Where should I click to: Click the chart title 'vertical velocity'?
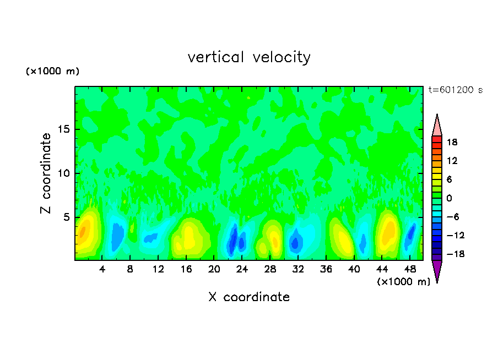coord(249,57)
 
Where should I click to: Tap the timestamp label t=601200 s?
coord(455,90)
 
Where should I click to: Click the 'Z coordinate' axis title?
coord(46,173)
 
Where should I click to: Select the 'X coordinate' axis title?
coord(249,297)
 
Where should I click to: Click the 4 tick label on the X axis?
coord(102,270)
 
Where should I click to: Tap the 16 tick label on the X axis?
coord(186,270)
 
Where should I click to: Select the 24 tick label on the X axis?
coord(242,270)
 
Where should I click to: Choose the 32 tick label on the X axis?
coord(298,270)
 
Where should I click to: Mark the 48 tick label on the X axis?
coord(410,270)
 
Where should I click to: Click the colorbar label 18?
coord(453,142)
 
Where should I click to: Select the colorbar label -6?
coord(452,217)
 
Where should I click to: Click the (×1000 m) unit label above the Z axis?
coord(53,72)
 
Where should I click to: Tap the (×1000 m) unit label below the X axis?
coord(403,282)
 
